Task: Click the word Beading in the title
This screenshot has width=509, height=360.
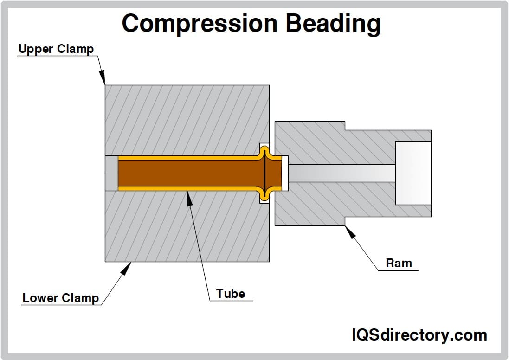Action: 333,23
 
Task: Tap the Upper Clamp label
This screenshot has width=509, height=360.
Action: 56,49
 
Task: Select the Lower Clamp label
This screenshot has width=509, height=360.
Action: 61,298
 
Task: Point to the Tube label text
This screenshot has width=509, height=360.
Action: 231,294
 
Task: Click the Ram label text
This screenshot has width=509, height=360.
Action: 399,264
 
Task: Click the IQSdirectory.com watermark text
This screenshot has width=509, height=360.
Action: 419,334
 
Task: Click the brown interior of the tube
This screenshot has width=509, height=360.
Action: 186,173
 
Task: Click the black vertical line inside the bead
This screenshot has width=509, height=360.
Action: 264,173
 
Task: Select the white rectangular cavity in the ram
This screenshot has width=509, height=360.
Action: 413,173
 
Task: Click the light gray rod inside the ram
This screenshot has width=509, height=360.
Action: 341,173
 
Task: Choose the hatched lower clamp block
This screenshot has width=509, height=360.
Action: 186,227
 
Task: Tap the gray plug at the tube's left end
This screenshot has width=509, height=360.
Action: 111,173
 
